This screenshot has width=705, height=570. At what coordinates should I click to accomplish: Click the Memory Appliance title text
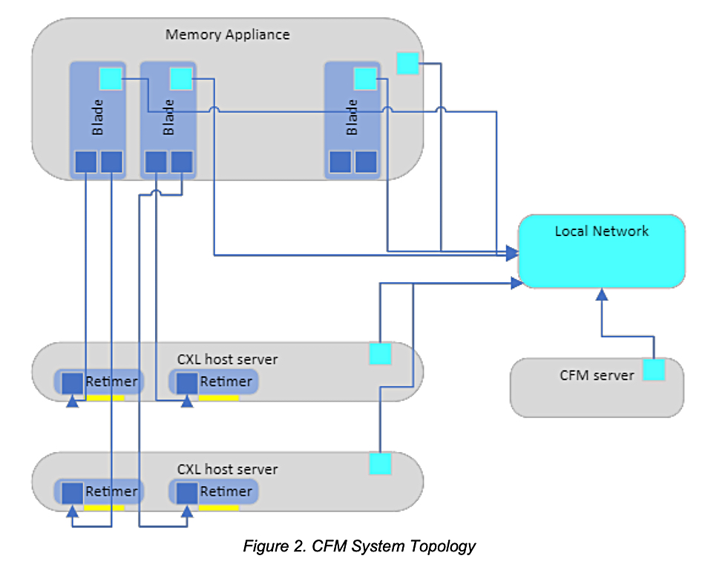click(x=227, y=35)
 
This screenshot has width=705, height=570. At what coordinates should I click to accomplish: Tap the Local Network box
click(x=601, y=251)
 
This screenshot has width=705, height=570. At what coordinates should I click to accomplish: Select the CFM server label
click(x=597, y=375)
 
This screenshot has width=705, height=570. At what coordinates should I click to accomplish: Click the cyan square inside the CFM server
click(x=653, y=370)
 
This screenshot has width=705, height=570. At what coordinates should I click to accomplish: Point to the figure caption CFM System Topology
click(x=359, y=547)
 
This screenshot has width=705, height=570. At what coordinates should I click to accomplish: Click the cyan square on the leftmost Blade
click(x=111, y=78)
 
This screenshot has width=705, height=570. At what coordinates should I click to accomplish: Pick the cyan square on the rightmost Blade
click(x=365, y=78)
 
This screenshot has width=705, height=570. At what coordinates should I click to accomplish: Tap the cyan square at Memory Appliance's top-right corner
click(x=407, y=63)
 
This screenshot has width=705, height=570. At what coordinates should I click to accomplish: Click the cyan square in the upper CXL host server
click(x=380, y=354)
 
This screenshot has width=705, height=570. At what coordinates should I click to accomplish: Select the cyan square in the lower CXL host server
click(x=380, y=464)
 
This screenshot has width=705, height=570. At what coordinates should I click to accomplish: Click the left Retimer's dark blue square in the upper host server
click(x=72, y=383)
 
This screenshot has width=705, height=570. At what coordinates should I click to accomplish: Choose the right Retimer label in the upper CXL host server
click(x=226, y=381)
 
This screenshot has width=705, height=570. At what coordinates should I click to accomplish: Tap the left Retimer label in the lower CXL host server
click(x=111, y=491)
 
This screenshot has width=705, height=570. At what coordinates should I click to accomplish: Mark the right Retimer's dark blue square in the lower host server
click(x=187, y=492)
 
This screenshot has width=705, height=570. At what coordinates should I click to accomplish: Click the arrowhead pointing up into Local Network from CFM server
click(x=602, y=294)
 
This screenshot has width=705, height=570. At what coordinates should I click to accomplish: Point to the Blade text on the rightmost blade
click(x=352, y=117)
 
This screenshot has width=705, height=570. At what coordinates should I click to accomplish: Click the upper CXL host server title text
click(x=227, y=359)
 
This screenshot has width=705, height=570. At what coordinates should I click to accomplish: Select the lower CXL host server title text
click(x=227, y=469)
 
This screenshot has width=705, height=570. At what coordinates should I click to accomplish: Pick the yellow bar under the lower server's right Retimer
click(x=218, y=508)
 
